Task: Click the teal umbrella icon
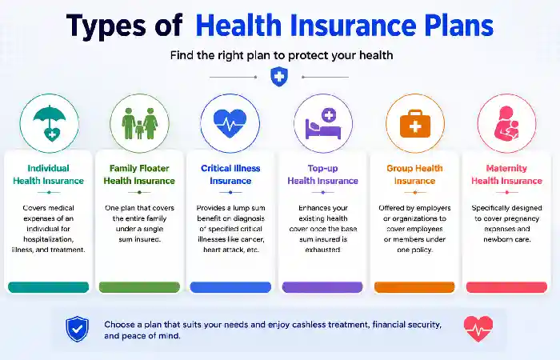(50, 123)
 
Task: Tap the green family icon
(140, 123)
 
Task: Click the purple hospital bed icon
(323, 123)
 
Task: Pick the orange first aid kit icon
(415, 123)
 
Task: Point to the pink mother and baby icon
(506, 123)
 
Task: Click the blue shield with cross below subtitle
(279, 77)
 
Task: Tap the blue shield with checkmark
(77, 329)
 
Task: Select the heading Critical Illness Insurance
(230, 174)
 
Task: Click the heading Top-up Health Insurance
(323, 174)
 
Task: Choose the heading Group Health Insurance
(414, 174)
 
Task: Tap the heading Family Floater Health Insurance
(139, 174)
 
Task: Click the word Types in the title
(106, 26)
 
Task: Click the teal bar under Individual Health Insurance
(48, 287)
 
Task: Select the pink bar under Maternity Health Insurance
(506, 287)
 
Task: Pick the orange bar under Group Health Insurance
(414, 287)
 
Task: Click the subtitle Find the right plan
(282, 55)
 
